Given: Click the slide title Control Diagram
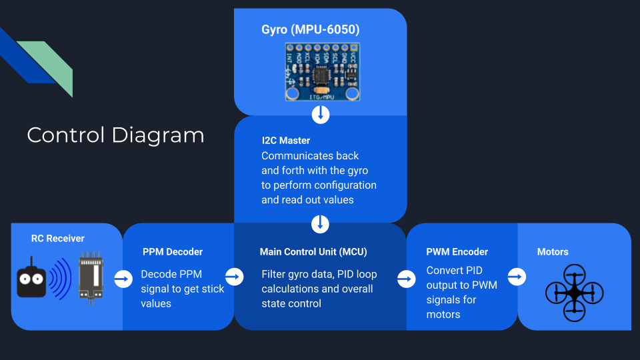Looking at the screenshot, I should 115,135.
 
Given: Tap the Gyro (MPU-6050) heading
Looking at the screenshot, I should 311,30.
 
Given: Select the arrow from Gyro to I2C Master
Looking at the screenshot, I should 321,115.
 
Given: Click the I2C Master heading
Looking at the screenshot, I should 286,141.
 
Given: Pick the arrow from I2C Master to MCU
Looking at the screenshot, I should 321,223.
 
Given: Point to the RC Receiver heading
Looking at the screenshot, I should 58,238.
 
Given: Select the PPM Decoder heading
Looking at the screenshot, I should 173,252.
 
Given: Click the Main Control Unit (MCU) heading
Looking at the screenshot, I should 313,252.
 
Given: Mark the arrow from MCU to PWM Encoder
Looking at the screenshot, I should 406,279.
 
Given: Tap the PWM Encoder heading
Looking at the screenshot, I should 457,252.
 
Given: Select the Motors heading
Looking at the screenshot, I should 553,252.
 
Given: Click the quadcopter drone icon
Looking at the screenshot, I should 574,292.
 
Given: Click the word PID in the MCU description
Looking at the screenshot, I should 355,274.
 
